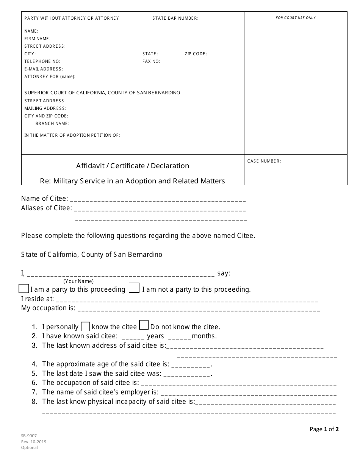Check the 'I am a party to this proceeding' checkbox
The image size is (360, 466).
coord(24,288)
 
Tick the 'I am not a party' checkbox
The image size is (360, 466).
coord(134,288)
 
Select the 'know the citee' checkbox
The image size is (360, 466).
coord(86,326)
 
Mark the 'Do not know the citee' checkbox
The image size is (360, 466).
coord(144,325)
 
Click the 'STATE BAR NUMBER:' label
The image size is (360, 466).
coord(175,18)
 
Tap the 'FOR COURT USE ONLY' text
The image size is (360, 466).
coord(296,18)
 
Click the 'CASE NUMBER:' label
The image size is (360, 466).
coord(264,161)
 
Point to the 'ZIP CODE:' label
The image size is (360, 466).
coord(196,54)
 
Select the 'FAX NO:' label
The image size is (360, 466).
coord(151,61)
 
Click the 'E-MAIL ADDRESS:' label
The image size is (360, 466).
coord(44,69)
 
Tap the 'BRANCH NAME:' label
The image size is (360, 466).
coord(52,124)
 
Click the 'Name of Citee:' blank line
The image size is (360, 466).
coord(158,200)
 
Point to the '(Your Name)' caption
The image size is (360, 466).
coord(78,281)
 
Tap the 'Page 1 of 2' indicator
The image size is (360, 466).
coord(324,429)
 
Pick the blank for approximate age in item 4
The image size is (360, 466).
coord(191,365)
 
